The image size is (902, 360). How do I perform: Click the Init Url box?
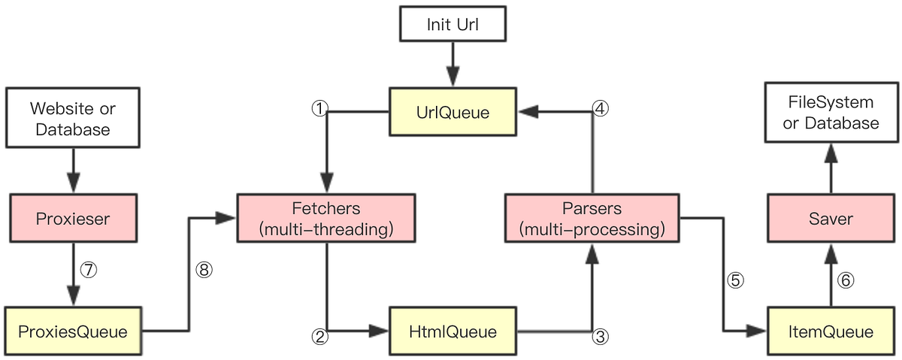(453, 24)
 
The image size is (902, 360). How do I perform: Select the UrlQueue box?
(453, 113)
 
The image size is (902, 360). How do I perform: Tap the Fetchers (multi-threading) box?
(325, 219)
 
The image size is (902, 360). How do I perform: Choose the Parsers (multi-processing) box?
(593, 219)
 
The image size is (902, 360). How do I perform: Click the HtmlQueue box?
(453, 331)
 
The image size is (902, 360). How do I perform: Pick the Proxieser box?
(73, 219)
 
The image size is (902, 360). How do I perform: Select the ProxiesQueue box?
(73, 331)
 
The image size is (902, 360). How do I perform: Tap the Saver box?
(831, 219)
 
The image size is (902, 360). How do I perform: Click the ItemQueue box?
(831, 331)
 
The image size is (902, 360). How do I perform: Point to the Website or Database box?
(73, 119)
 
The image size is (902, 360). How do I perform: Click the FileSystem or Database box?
(831, 113)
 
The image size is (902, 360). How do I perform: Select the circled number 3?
(599, 337)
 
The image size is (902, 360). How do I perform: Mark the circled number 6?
(846, 280)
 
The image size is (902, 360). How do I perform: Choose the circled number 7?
(89, 269)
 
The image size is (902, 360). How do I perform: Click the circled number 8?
(203, 269)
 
